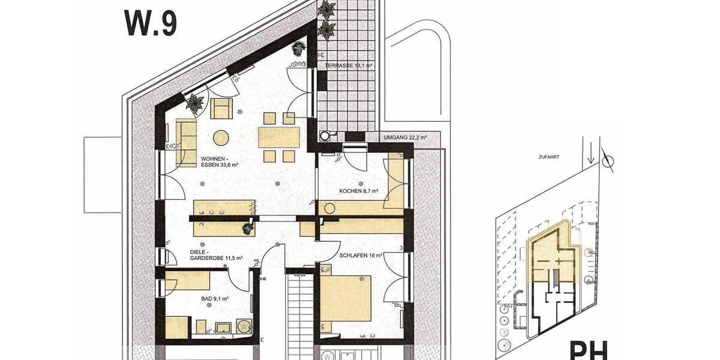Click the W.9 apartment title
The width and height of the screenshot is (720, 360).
click(x=150, y=23)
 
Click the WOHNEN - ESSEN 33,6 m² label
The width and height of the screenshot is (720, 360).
click(x=220, y=163)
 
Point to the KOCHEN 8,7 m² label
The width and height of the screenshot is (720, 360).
click(x=358, y=191)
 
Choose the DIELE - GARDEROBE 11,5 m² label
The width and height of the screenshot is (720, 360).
click(x=216, y=254)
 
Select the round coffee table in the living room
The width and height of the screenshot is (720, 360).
click(x=221, y=137)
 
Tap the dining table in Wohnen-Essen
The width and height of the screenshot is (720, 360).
click(x=280, y=138)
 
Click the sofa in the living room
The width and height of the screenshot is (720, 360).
click(x=186, y=142)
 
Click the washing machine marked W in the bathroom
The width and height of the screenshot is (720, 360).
click(x=244, y=327)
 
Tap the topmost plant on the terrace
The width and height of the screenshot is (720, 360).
click(x=328, y=10)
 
